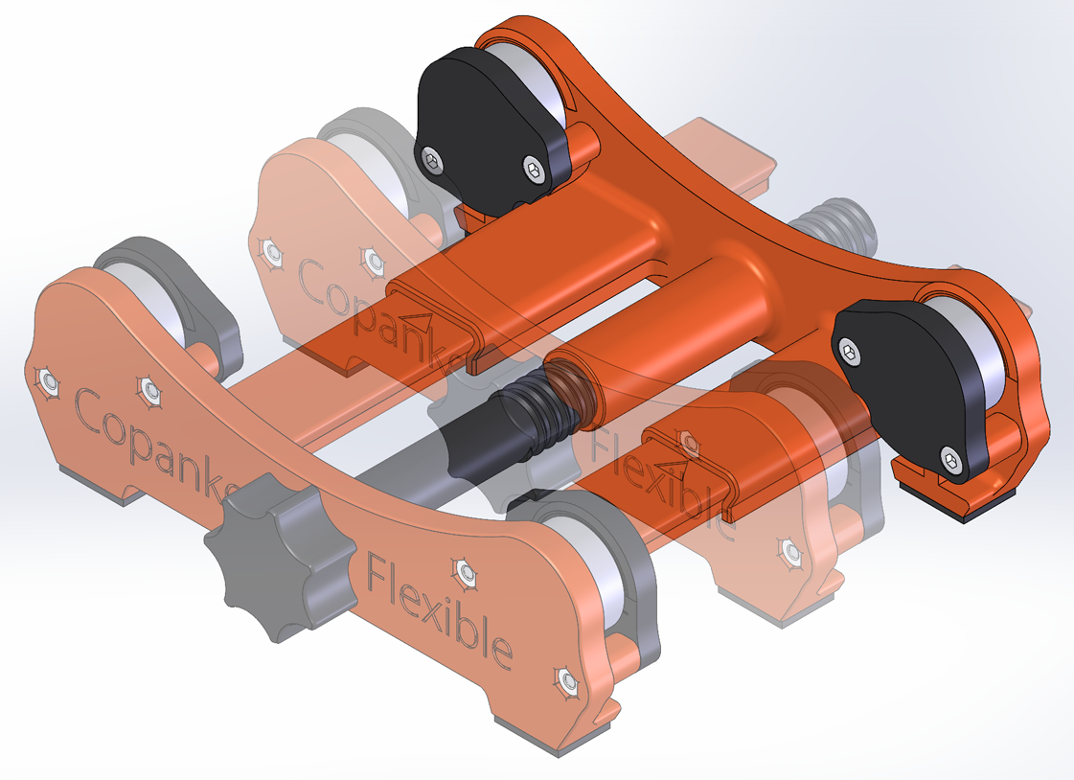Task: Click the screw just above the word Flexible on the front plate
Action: [467, 572]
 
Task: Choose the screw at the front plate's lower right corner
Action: [568, 682]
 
